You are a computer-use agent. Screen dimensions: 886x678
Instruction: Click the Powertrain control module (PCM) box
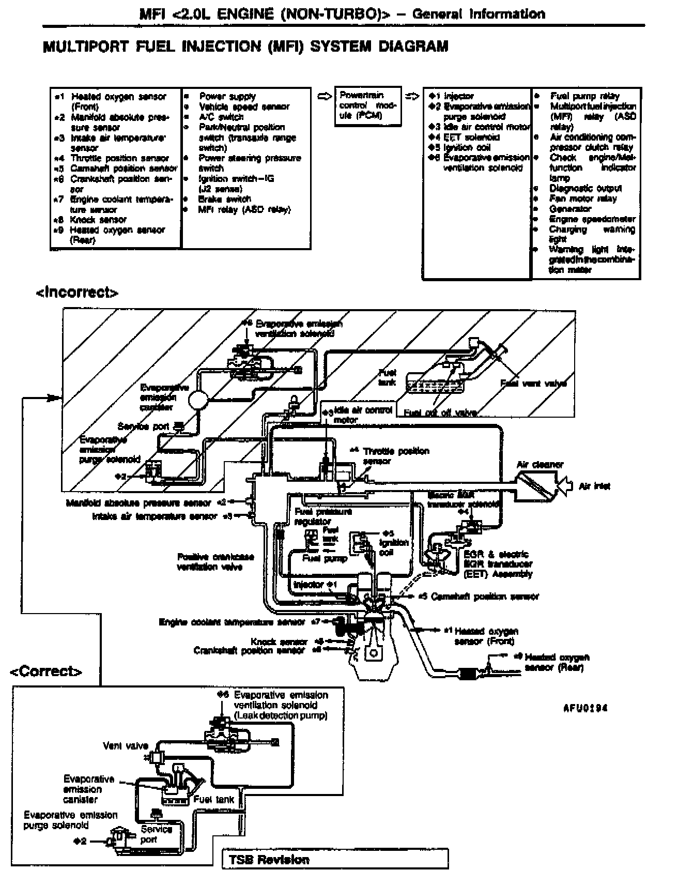click(x=367, y=106)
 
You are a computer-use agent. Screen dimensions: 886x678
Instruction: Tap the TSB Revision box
click(x=335, y=860)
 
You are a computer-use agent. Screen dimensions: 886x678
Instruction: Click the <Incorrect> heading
click(x=77, y=293)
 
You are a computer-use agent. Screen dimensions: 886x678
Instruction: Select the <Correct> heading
click(x=47, y=671)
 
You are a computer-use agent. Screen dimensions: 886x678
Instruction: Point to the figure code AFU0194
click(x=585, y=708)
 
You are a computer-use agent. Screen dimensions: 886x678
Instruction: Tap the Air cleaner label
click(x=540, y=465)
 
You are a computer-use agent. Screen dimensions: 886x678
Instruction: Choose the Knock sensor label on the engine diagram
click(x=279, y=641)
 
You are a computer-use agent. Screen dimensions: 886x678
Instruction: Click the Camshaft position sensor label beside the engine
click(x=485, y=597)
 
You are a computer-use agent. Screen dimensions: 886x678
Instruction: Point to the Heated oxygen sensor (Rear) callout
click(x=557, y=662)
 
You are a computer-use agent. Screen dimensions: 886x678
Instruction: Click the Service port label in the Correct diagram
click(x=156, y=834)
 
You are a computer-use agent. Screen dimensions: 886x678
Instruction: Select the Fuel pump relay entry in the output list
click(x=584, y=96)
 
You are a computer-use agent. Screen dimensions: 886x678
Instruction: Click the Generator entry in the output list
click(x=570, y=209)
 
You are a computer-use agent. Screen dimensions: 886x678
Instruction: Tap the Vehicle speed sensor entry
click(x=244, y=106)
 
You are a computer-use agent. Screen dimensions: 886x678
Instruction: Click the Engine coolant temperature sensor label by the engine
click(x=232, y=622)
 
